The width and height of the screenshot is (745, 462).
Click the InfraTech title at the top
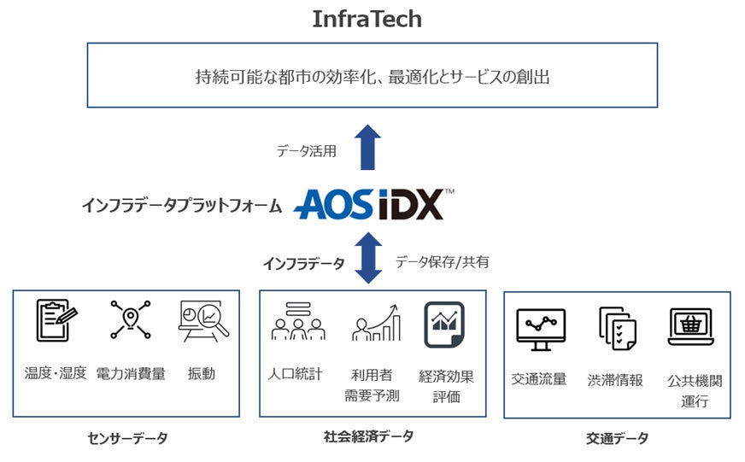click(x=367, y=19)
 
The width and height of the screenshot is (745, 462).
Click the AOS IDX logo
click(x=373, y=204)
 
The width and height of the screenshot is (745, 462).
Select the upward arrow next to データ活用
click(x=368, y=147)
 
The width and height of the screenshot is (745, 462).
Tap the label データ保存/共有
click(x=442, y=262)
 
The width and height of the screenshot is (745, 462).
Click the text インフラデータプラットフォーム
click(x=181, y=205)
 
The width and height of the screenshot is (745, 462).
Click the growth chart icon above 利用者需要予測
click(x=377, y=323)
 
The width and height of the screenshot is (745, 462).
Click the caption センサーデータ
click(x=127, y=438)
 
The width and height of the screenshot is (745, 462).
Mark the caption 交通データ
click(x=617, y=438)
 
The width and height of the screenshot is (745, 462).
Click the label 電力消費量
click(x=131, y=373)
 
